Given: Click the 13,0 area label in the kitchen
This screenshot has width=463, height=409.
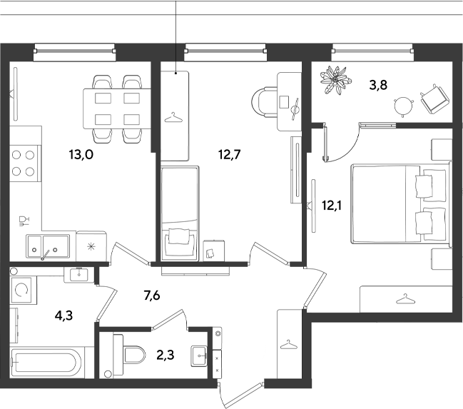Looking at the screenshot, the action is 81,154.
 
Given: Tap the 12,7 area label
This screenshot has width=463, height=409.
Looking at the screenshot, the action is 230,154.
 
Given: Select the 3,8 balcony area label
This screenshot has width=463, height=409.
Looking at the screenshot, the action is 378,85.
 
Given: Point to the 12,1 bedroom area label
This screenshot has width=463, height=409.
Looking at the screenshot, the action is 332,206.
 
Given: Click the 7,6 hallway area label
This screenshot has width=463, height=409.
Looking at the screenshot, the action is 152,296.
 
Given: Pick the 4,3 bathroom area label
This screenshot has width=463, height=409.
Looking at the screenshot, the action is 63,316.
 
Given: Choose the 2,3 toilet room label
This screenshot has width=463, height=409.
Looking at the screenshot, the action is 166,355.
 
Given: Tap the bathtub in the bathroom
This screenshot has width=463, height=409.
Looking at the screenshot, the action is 46,363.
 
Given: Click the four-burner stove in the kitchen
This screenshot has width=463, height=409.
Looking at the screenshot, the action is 25,163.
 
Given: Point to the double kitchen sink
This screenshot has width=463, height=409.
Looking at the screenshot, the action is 48,246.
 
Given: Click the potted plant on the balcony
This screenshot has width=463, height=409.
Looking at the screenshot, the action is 336,80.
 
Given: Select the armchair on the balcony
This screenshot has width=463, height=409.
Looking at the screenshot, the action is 434,99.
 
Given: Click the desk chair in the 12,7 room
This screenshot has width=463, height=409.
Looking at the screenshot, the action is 264,101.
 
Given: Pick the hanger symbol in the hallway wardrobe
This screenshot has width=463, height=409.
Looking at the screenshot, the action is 288,345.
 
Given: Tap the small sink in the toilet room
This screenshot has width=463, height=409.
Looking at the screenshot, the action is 199,355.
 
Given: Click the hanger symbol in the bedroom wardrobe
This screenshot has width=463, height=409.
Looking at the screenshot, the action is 405,299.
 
